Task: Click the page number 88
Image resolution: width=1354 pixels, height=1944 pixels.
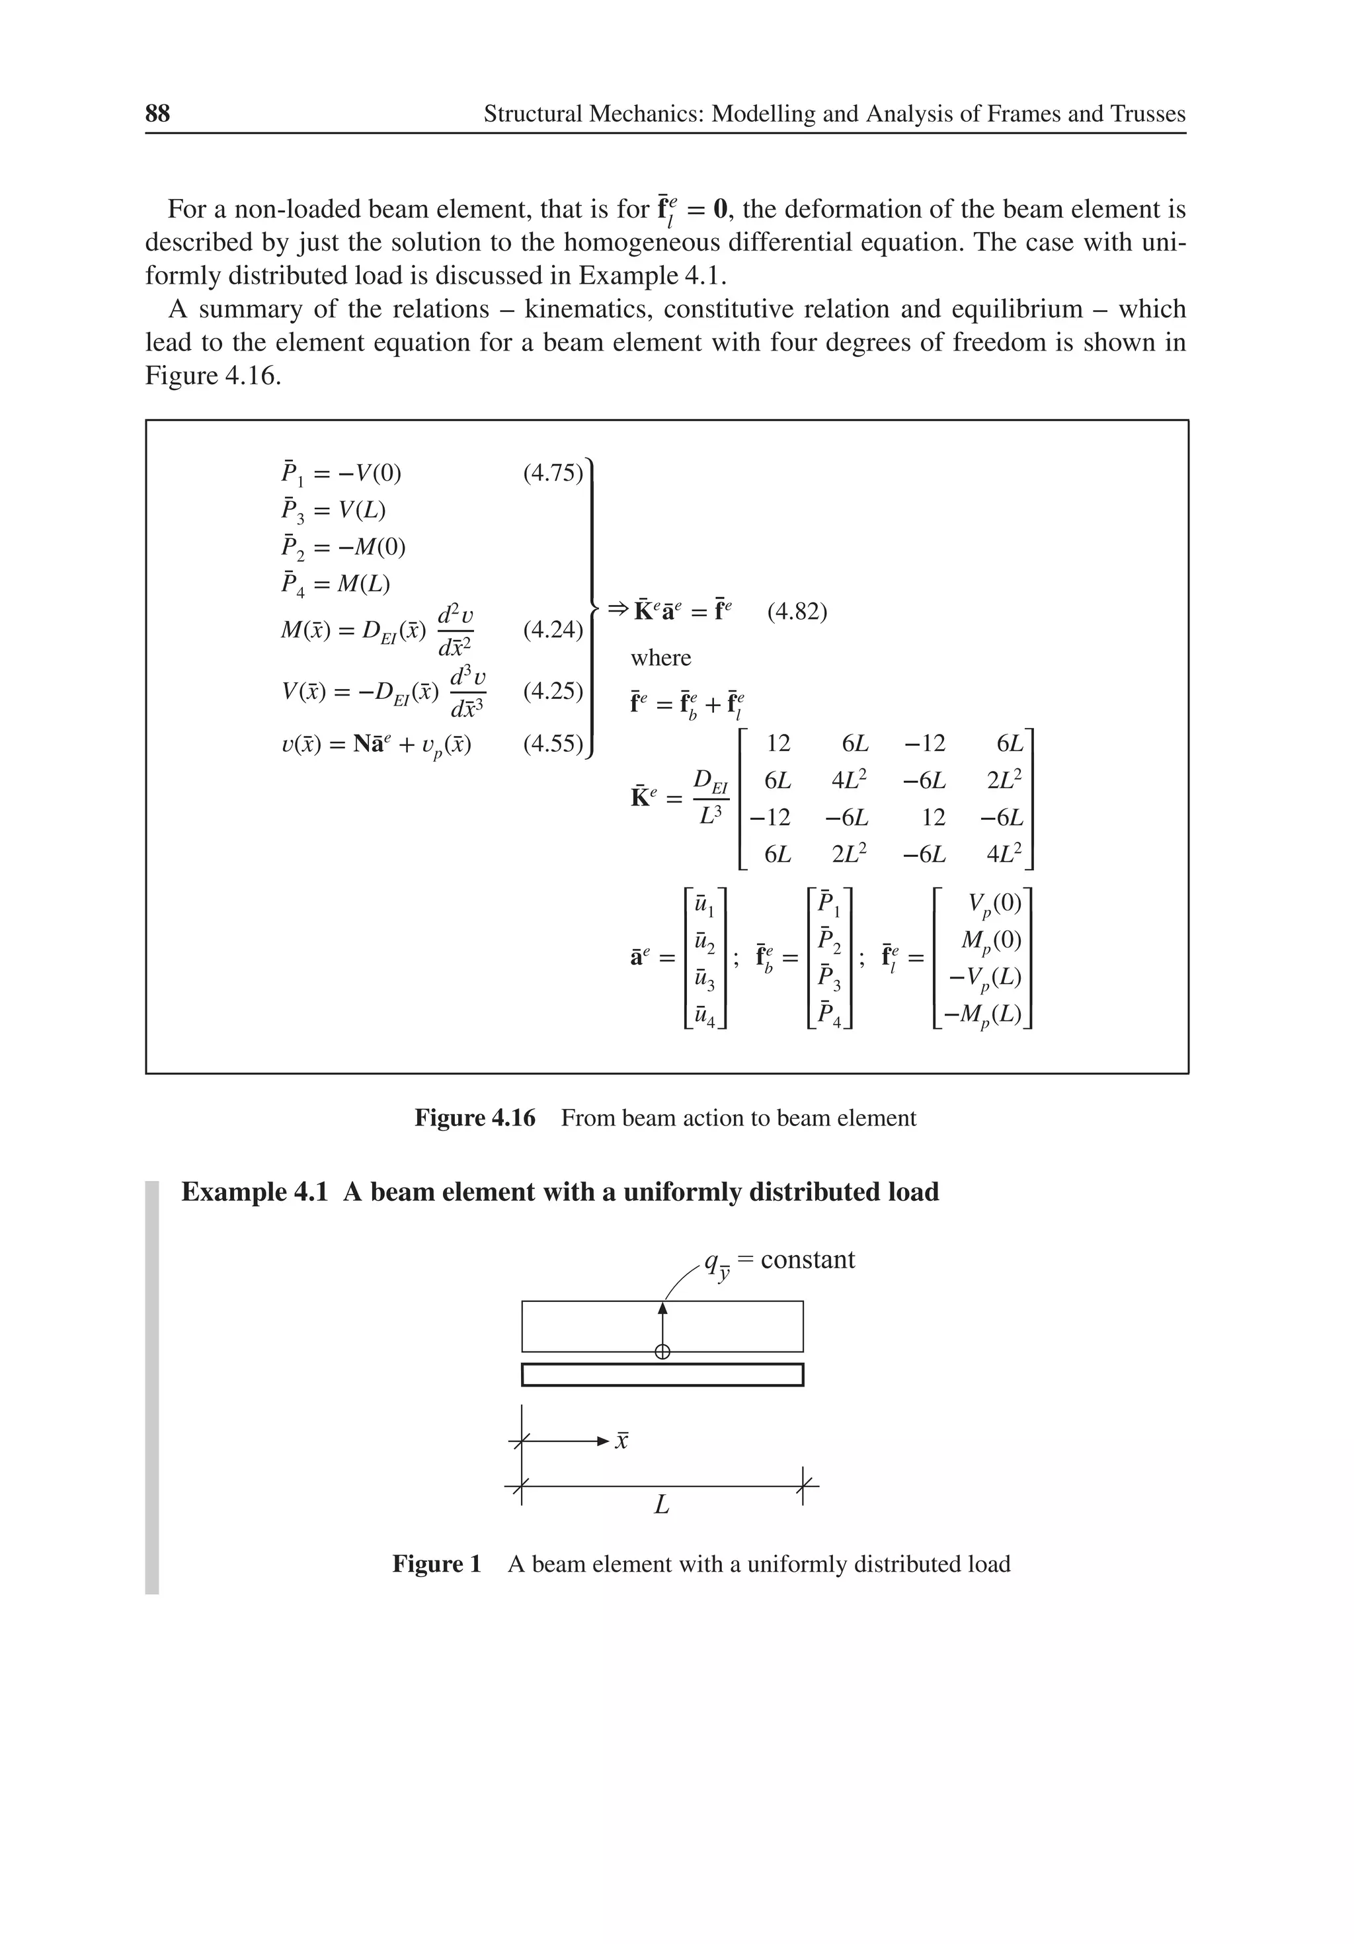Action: pyautogui.click(x=157, y=114)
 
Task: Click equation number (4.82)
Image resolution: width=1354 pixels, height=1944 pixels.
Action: pyautogui.click(x=796, y=612)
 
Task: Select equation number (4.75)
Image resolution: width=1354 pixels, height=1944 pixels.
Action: pyautogui.click(x=552, y=473)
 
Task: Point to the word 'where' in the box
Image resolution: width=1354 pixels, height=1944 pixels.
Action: pyautogui.click(x=660, y=658)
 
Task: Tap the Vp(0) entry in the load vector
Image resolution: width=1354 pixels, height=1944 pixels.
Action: pyautogui.click(x=994, y=905)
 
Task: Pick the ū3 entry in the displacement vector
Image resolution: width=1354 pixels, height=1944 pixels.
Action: pyautogui.click(x=703, y=978)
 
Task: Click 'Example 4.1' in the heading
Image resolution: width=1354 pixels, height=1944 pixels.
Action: pyautogui.click(x=254, y=1192)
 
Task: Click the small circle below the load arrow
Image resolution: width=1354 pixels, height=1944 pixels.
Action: pyautogui.click(x=662, y=1352)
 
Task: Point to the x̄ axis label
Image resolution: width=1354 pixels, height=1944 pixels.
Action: pyautogui.click(x=621, y=1440)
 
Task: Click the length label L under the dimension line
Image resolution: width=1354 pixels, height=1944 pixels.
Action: pyautogui.click(x=661, y=1504)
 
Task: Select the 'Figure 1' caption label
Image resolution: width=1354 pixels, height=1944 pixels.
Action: pyautogui.click(x=436, y=1564)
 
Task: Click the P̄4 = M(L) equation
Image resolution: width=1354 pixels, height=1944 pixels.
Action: pyautogui.click(x=336, y=585)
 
